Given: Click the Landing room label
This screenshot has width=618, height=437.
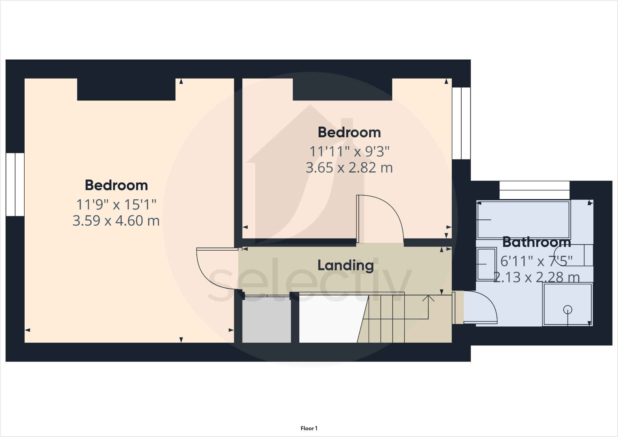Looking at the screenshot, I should (345, 265).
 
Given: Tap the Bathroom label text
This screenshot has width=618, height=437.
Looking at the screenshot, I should (537, 242).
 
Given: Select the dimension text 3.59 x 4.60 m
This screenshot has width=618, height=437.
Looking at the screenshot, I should (116, 221).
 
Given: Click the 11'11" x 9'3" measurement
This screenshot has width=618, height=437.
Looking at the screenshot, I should (349, 151).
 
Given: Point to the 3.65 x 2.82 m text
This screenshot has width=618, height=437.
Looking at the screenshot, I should (349, 168).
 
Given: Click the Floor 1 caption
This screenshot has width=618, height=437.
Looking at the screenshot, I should (309, 428).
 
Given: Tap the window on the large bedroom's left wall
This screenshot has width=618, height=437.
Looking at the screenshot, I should (15, 184).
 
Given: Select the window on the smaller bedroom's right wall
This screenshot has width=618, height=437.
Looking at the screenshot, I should (461, 123).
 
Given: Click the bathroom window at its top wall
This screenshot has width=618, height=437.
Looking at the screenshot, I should (534, 190).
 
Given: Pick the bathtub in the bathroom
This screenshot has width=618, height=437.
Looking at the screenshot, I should (523, 220).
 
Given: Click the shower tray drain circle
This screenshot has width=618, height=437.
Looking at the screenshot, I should (568, 310).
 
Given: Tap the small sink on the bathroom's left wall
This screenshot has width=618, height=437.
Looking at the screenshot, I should (486, 264).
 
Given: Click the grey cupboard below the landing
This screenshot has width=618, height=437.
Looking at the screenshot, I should (266, 321).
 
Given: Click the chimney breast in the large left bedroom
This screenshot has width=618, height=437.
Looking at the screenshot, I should (126, 89).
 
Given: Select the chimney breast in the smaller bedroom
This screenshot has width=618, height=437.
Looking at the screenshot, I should (342, 89).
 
